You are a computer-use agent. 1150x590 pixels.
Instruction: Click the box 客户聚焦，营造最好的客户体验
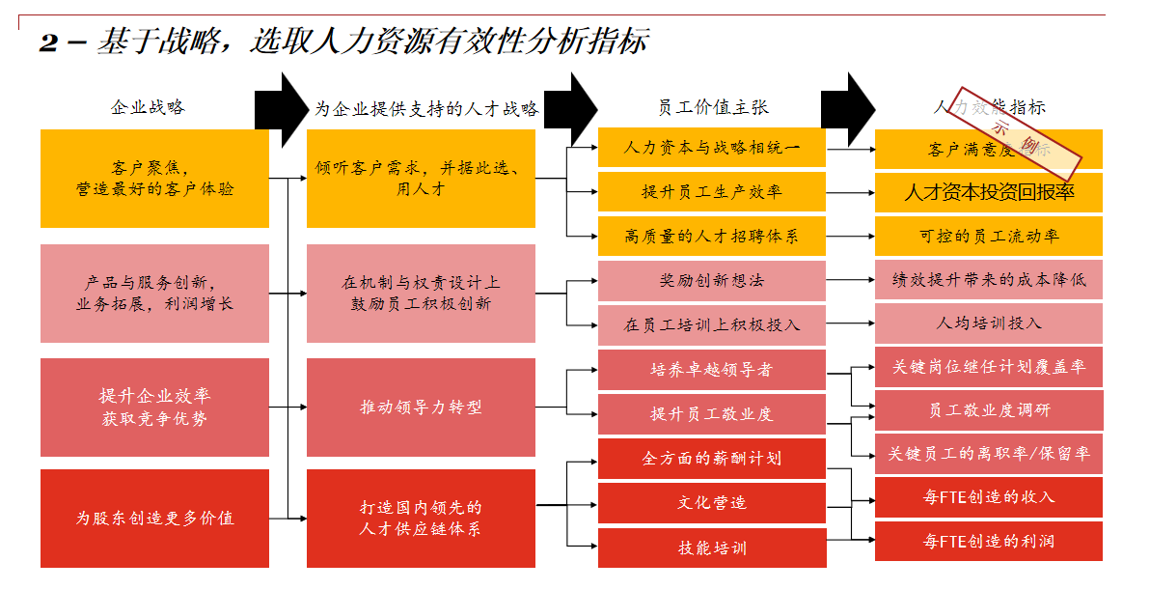coord(154,179)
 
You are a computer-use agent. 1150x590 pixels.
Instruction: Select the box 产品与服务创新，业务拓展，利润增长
coord(154,294)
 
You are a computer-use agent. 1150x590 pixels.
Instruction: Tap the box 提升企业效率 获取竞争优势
coord(154,407)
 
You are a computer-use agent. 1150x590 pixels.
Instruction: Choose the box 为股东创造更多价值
coord(154,518)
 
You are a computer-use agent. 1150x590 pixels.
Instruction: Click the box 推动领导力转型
coord(421,407)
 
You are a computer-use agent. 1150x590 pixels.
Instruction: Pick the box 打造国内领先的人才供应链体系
coord(421,518)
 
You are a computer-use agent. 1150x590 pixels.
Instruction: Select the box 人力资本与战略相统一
coord(712,148)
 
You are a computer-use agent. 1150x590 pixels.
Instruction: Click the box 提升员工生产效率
coord(712,192)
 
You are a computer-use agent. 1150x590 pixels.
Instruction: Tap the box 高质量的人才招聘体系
coord(712,236)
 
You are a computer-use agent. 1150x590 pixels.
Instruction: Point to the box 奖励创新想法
coord(712,280)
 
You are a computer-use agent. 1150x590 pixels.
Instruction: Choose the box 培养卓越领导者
coord(712,369)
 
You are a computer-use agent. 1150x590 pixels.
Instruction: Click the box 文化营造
coord(712,503)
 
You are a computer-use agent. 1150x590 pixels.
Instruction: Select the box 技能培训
coord(712,548)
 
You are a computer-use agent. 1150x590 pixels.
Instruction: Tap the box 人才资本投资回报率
coord(989,192)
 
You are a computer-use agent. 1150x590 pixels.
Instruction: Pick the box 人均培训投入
coord(989,323)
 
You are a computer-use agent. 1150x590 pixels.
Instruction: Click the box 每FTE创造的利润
coord(989,542)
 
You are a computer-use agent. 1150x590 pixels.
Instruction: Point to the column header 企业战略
coord(148,107)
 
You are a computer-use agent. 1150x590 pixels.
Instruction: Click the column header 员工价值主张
coord(712,107)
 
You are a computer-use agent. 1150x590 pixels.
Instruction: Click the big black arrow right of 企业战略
coord(280,107)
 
